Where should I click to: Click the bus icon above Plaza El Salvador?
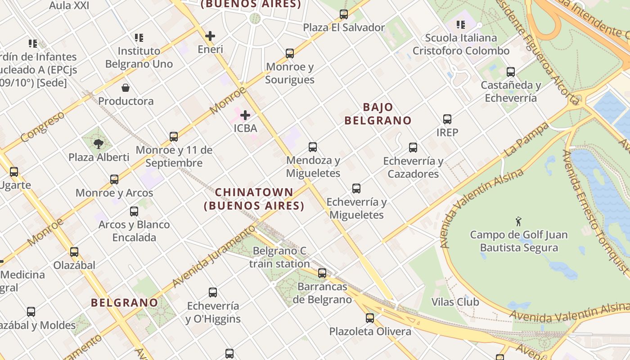(344, 14)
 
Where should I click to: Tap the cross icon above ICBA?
(245, 115)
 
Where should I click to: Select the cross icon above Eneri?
(210, 36)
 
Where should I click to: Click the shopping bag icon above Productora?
(126, 88)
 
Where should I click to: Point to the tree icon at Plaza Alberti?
(99, 144)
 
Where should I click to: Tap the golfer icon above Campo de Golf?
(518, 221)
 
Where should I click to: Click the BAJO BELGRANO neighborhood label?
(378, 114)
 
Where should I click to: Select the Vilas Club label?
(455, 301)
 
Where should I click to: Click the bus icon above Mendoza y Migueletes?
(313, 147)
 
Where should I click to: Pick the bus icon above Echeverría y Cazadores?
(413, 148)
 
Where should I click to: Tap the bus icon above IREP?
(447, 119)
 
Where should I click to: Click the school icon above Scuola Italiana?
(461, 25)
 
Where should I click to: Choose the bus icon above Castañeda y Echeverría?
(511, 72)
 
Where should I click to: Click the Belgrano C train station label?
(279, 257)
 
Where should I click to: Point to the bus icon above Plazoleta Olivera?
(370, 318)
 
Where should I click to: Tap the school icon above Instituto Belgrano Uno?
(139, 38)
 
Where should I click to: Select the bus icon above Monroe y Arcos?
(114, 180)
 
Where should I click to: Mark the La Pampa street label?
(526, 139)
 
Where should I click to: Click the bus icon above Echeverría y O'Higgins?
(213, 292)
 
